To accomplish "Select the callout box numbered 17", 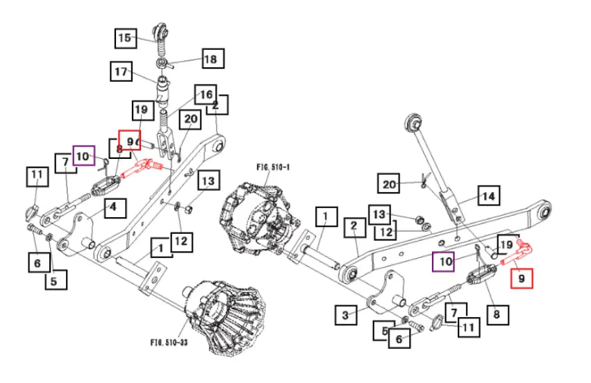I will click(122, 71).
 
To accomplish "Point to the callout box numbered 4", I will click(115, 207).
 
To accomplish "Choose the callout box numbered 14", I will click(488, 196).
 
